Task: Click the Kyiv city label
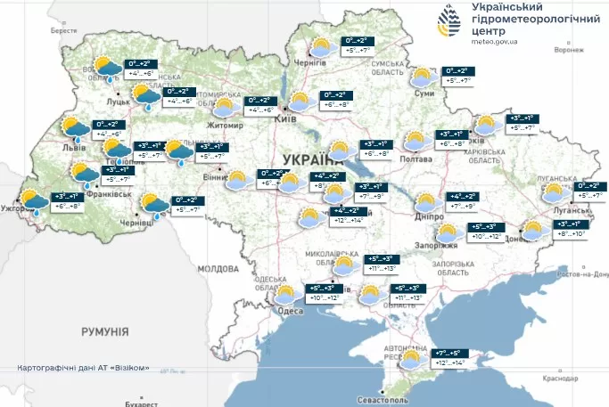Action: (288, 118)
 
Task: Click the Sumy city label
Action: (425, 94)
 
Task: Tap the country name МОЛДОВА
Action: (218, 268)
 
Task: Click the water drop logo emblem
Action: (450, 20)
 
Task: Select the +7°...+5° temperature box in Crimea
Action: (448, 354)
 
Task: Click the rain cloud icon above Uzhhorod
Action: (33, 202)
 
